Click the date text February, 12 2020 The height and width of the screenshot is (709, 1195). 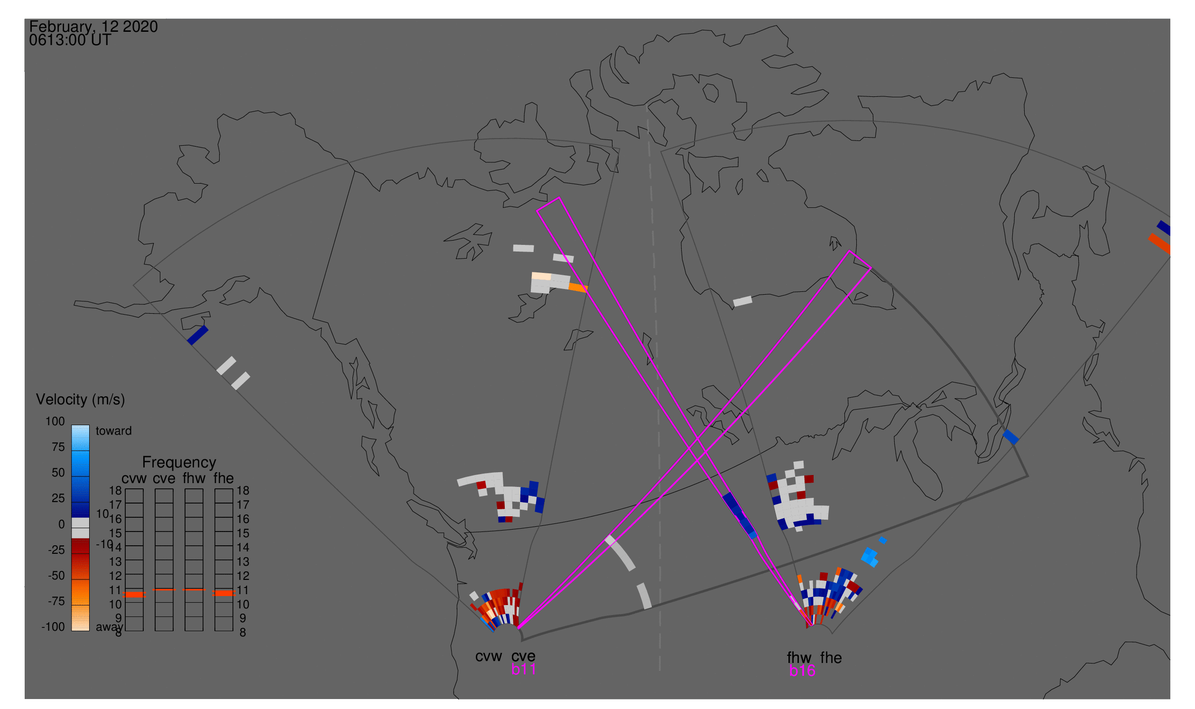pos(93,27)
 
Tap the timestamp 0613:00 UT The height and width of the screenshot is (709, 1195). pos(70,40)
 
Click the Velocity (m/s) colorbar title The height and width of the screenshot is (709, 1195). pos(80,400)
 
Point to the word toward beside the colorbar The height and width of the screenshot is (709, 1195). pos(114,431)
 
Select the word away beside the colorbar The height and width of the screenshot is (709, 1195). pos(109,627)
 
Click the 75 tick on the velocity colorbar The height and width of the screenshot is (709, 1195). pos(58,447)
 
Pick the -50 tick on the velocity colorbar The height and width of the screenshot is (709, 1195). pos(56,576)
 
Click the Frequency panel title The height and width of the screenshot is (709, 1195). pos(179,463)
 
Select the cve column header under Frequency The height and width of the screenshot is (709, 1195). pos(164,479)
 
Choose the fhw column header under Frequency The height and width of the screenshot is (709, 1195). pos(194,479)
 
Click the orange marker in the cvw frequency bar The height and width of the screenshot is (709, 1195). pos(134,595)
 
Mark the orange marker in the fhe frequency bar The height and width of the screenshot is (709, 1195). pos(223,593)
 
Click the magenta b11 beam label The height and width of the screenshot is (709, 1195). pos(523,669)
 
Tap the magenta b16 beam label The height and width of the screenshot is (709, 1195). pos(802,671)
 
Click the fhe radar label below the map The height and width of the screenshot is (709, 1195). pos(831,658)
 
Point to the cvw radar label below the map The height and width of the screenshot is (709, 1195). pos(488,656)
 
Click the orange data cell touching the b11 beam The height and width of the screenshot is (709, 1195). pos(578,288)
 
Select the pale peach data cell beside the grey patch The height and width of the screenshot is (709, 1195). pos(541,276)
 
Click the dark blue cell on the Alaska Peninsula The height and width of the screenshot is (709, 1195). pos(197,336)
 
